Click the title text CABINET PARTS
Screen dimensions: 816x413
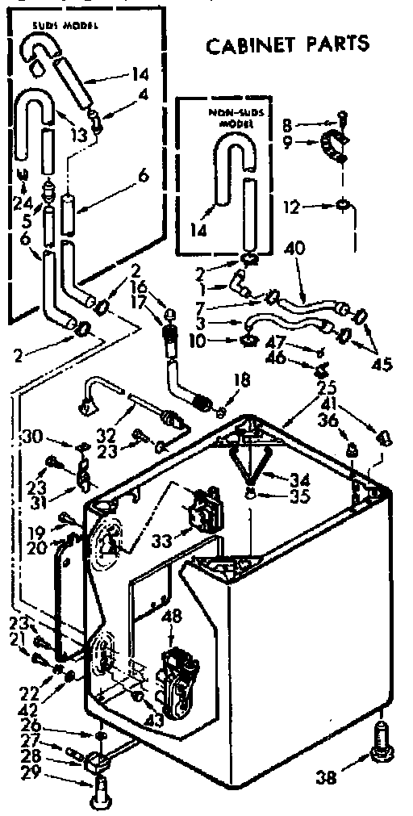[x=288, y=43]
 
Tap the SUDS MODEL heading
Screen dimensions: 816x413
[x=65, y=27]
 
